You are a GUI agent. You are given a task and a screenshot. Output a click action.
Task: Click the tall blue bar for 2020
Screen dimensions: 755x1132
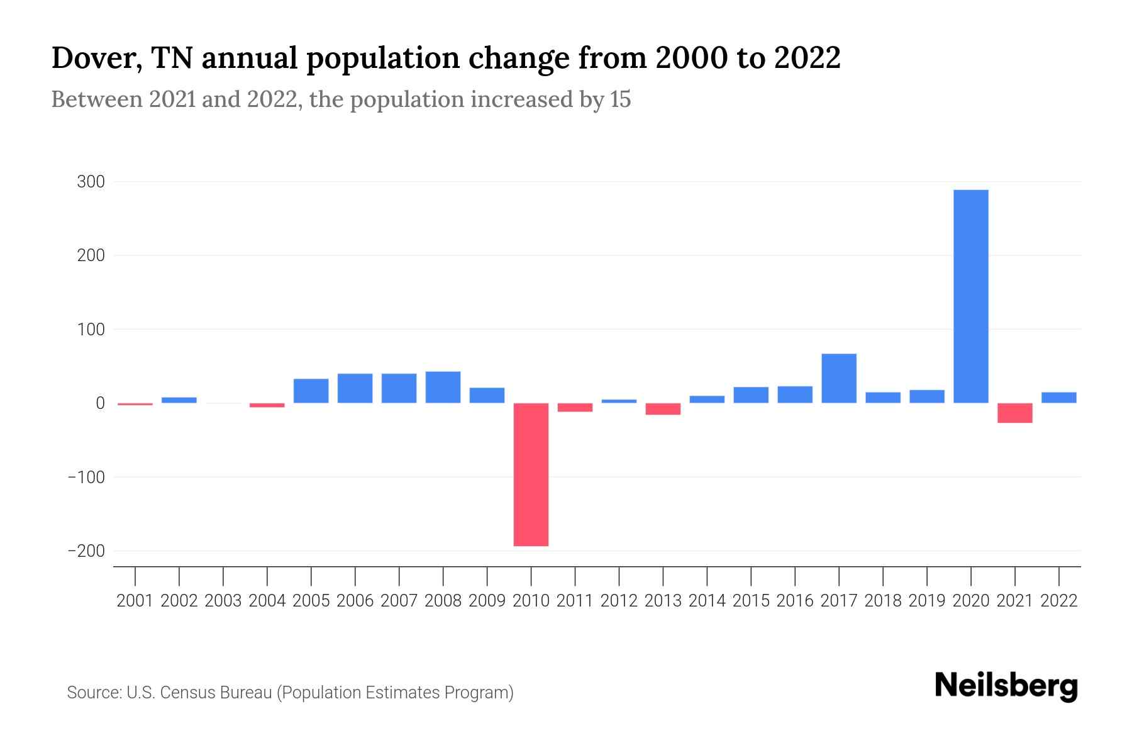(970, 296)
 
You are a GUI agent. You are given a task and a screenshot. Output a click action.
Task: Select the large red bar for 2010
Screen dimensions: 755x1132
(531, 474)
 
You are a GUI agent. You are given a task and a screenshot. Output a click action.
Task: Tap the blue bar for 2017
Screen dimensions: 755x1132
(838, 378)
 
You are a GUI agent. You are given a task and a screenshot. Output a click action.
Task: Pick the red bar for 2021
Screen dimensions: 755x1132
(1014, 413)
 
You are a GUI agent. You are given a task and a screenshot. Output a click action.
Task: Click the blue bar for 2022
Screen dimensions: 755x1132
(1058, 398)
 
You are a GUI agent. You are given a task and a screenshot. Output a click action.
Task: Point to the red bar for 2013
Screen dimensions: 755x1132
(663, 409)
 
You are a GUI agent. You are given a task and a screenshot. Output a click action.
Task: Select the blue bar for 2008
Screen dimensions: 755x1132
(443, 387)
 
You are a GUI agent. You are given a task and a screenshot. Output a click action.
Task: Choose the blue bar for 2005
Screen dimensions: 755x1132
(311, 391)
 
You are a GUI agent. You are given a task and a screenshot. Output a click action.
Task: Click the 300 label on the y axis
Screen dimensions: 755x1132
(91, 182)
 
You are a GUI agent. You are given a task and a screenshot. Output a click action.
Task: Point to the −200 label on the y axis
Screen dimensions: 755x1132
(86, 551)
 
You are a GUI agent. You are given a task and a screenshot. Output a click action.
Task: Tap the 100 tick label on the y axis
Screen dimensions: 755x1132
(91, 330)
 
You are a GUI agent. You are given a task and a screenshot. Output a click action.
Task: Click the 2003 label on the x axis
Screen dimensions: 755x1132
(223, 601)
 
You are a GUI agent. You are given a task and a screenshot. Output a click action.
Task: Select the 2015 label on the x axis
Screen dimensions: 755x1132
(751, 601)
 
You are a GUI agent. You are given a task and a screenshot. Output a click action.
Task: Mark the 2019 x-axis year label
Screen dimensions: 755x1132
(926, 601)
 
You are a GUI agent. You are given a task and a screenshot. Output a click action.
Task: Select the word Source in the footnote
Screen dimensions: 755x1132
(93, 693)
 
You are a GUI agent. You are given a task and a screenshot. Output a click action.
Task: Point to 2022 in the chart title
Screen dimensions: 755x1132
(807, 58)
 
